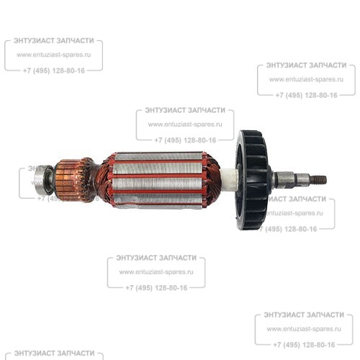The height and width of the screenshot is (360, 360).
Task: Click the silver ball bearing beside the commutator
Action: point(43,180)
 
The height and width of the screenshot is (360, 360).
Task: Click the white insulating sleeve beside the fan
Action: point(229,180)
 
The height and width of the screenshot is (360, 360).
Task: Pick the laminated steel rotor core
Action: point(158,180)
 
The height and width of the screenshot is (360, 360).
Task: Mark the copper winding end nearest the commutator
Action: point(104,181)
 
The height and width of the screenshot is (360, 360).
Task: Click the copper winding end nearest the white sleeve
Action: point(211,180)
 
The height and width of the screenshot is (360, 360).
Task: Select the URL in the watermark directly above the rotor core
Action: point(185,125)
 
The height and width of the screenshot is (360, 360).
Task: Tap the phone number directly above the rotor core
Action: point(185,140)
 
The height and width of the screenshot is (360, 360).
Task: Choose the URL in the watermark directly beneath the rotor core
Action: point(156,272)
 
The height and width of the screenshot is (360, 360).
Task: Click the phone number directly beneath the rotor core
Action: point(156,288)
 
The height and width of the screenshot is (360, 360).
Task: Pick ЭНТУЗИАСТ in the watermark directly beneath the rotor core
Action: point(136,258)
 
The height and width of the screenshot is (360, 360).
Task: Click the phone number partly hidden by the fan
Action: point(290,229)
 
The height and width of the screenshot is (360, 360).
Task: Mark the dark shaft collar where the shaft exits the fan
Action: point(274,179)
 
